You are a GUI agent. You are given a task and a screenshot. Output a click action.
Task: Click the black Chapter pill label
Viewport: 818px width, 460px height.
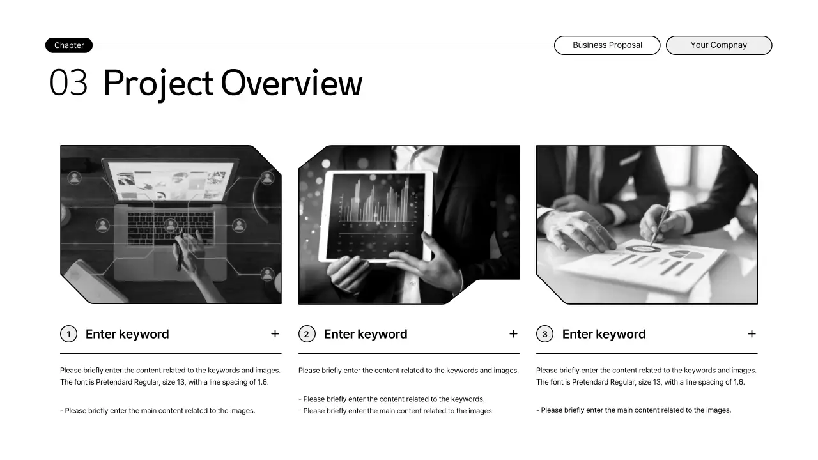tap(69, 45)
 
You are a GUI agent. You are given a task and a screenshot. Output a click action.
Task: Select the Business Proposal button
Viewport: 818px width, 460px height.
tap(607, 45)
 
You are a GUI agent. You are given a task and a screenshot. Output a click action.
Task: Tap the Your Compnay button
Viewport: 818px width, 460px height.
tap(718, 45)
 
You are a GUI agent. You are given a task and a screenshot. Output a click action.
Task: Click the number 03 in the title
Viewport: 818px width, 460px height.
tap(68, 84)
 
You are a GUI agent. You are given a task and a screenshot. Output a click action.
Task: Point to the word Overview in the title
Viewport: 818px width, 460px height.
tap(291, 84)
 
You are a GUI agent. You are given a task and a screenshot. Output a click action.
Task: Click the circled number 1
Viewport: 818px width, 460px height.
tap(68, 334)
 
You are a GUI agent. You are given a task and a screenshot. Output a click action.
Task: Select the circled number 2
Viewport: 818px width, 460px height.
tap(307, 334)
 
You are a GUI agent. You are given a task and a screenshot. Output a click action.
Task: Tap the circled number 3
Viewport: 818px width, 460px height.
tap(544, 334)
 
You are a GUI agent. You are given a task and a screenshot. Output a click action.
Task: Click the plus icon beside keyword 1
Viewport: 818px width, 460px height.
tap(275, 333)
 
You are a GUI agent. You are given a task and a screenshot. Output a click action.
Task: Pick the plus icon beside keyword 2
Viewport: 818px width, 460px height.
tap(513, 333)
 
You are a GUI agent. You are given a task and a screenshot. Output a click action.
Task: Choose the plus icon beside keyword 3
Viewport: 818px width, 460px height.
tap(752, 333)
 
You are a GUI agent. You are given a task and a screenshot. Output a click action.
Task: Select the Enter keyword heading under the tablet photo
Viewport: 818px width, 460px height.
tap(365, 334)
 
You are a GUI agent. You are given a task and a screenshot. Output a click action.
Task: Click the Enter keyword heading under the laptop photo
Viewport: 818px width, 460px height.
tap(127, 334)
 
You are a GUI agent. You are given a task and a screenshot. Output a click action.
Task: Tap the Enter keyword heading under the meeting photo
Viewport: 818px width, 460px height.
tap(603, 334)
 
